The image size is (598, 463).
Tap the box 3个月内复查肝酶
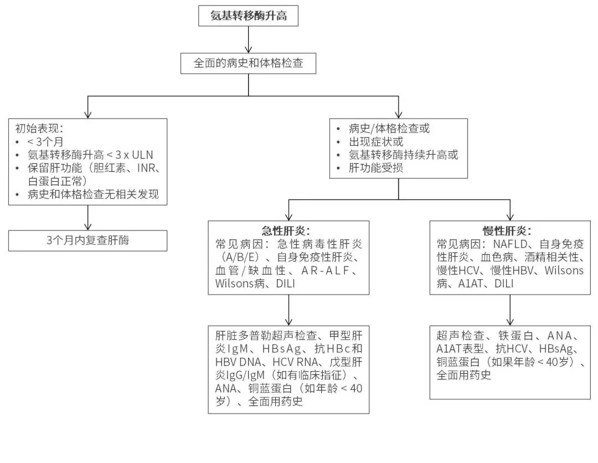click(88, 240)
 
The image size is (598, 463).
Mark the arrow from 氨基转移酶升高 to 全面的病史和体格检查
click(248, 40)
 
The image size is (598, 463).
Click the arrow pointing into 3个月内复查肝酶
click(88, 218)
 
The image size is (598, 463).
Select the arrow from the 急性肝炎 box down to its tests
click(288, 310)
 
